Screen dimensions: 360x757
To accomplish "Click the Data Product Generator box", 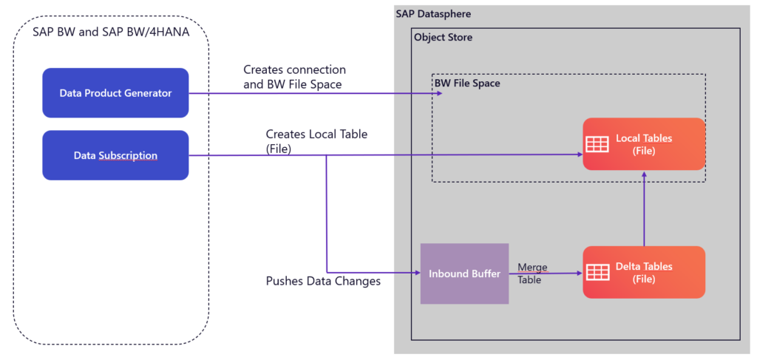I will coord(115,93).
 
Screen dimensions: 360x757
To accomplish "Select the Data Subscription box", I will coord(115,155).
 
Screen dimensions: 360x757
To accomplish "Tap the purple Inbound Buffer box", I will coord(464,274).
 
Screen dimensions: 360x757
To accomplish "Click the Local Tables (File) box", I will coord(644,144).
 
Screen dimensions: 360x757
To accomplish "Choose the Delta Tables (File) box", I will coord(644,272).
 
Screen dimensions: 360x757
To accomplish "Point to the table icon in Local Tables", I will coord(597,144).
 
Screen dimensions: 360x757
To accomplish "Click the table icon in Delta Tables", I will coord(597,272).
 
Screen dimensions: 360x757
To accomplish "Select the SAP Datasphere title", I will coord(433,14).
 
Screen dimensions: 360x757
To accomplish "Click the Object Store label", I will coord(443,37).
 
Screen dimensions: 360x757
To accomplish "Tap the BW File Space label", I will coord(466,84).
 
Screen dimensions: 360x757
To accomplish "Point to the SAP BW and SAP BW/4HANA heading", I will coord(110,32).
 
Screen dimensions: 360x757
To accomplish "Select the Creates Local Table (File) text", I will coord(316,140).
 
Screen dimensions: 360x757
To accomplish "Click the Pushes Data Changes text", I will coord(323,282).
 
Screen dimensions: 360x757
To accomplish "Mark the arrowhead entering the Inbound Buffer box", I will coord(417,273).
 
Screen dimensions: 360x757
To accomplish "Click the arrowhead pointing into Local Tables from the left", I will coord(579,154).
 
